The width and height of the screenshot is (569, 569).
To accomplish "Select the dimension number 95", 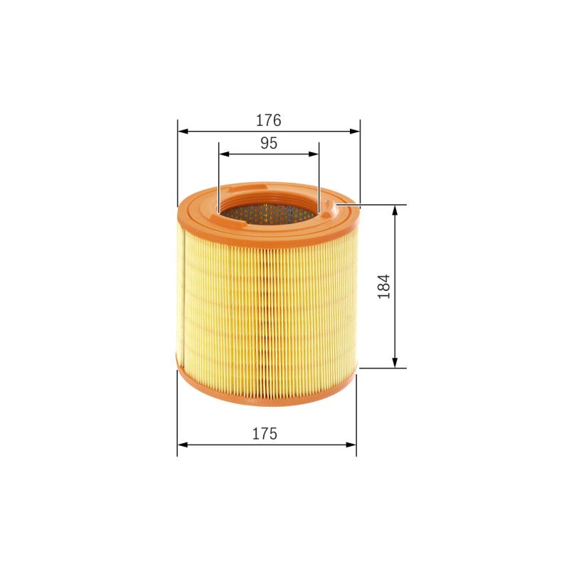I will click(x=268, y=143).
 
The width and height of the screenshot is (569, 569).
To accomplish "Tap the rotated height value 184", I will click(x=384, y=286).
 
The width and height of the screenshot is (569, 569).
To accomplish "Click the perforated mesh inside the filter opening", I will click(x=267, y=211).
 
